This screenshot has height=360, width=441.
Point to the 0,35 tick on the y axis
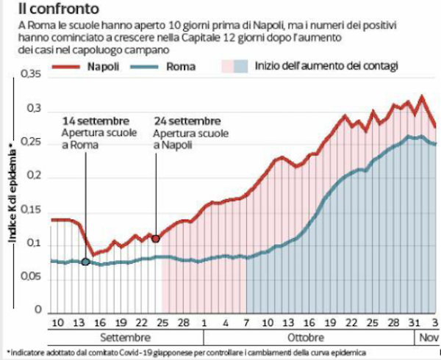tap(32, 75)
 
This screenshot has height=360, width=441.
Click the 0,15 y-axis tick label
tap(32, 211)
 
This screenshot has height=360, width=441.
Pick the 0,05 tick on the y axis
tap(32, 278)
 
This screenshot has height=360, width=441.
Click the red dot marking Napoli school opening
tap(156, 238)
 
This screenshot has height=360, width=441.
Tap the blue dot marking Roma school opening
tap(86, 262)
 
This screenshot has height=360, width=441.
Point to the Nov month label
tap(428, 339)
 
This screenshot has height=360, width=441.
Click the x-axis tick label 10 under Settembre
tap(58, 324)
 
